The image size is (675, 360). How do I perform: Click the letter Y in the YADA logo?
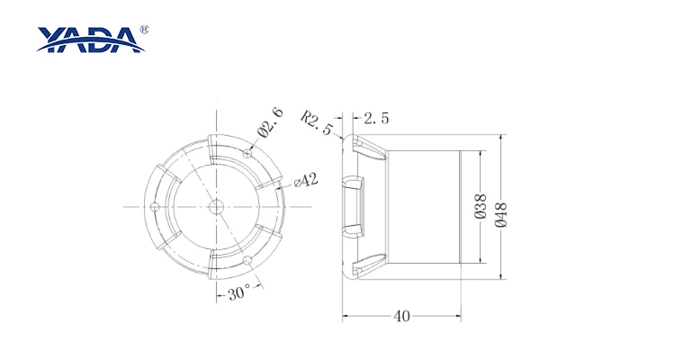[50, 39]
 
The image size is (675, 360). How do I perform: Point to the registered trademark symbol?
[144, 30]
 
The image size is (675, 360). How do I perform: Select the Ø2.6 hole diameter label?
[271, 122]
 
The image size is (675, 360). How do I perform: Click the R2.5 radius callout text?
[318, 122]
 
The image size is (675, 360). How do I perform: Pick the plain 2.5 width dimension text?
[376, 118]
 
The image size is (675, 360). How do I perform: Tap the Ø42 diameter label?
[306, 180]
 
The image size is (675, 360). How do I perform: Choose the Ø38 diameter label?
[481, 206]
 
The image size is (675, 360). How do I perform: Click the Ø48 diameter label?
[501, 214]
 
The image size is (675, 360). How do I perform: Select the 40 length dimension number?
[401, 317]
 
